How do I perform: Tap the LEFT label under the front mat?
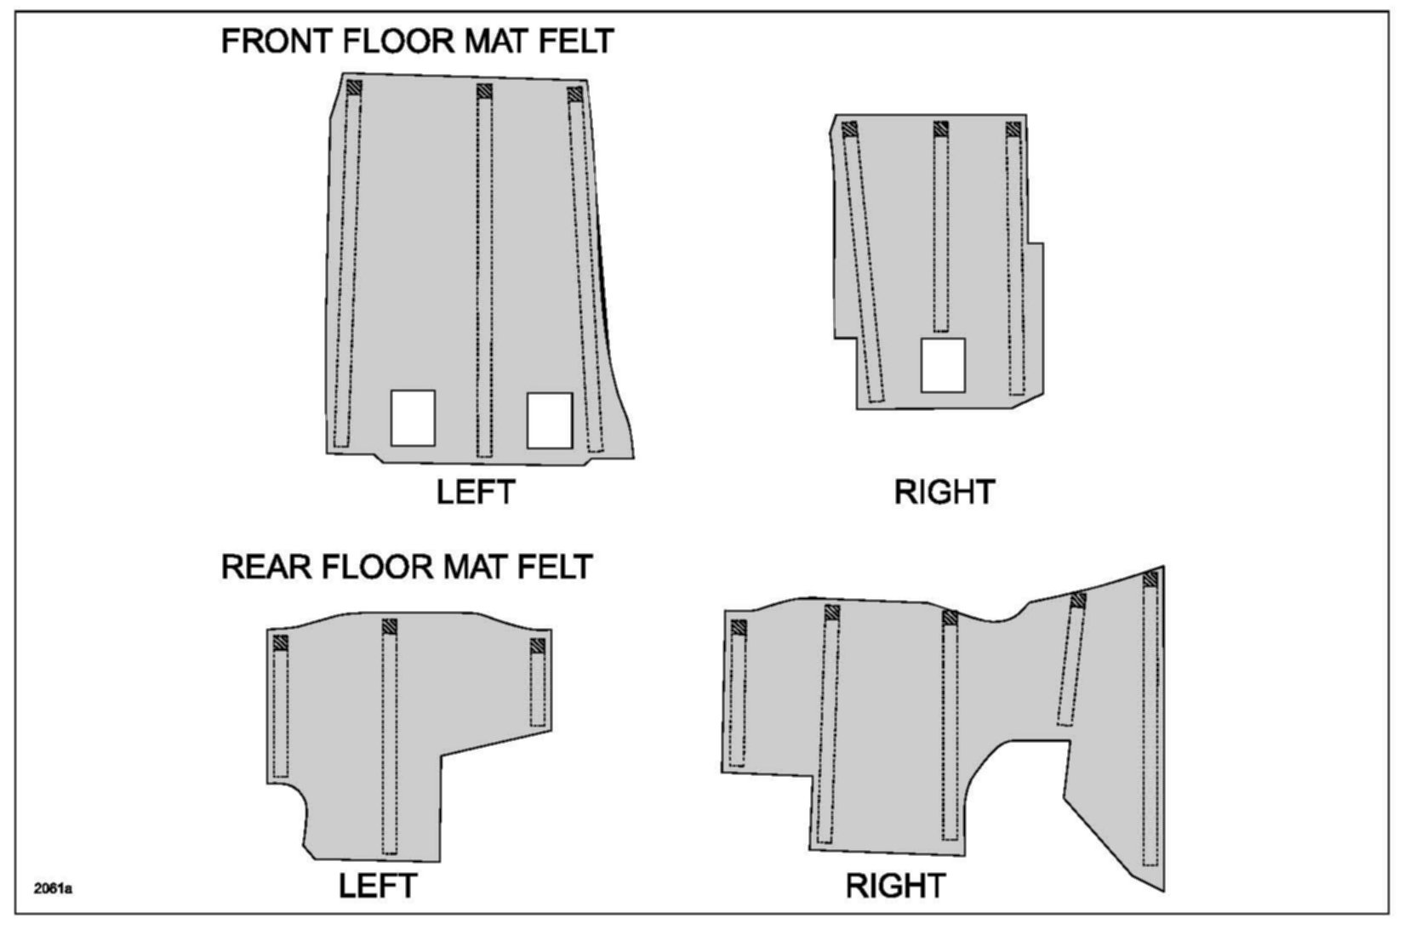(x=476, y=492)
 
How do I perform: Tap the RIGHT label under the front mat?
(x=944, y=492)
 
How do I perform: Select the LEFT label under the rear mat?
(x=377, y=886)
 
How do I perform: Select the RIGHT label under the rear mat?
(x=895, y=886)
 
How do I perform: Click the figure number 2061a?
(x=53, y=889)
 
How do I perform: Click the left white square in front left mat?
(x=413, y=418)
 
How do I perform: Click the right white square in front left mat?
(x=549, y=420)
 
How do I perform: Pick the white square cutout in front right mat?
(x=943, y=365)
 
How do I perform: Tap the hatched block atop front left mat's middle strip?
(x=484, y=91)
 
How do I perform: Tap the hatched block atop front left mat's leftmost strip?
(x=354, y=87)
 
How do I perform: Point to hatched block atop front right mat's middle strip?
(x=940, y=129)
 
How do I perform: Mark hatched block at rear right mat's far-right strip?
(x=1150, y=579)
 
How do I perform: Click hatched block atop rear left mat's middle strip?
(x=390, y=627)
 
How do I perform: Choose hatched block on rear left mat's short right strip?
(x=537, y=647)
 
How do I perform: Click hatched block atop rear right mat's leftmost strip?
(x=739, y=628)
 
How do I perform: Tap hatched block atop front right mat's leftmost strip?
(x=848, y=129)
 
